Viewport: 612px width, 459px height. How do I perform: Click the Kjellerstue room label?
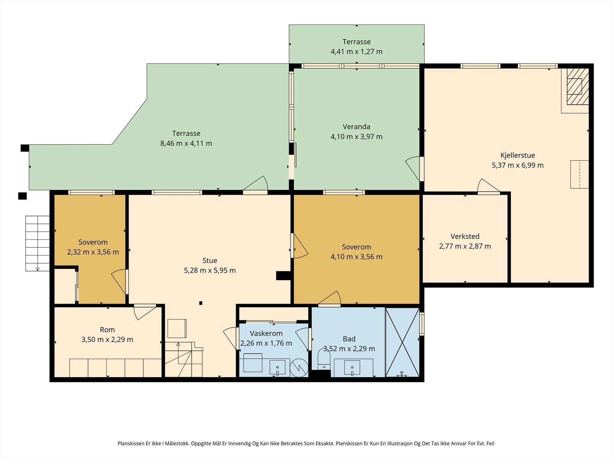coord(518,156)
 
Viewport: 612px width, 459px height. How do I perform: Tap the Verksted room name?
coord(465,236)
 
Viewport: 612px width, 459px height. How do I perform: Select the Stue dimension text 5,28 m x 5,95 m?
coord(210,270)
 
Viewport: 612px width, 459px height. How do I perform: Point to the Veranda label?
coord(356,127)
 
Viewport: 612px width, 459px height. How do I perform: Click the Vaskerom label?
coord(266,333)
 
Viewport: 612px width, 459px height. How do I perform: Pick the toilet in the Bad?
coord(324,359)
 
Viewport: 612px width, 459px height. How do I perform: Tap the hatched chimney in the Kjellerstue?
coord(578,86)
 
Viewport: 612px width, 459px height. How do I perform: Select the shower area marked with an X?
coord(402,342)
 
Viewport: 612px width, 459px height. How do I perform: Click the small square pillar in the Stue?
coord(200,303)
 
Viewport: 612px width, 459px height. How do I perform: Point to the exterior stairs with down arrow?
coord(37,243)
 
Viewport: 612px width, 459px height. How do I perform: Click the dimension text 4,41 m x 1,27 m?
coord(356,52)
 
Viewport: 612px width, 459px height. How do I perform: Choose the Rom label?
coord(107,330)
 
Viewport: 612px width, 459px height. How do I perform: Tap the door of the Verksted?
coord(488,186)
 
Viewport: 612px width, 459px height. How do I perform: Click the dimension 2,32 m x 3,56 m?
coord(93,252)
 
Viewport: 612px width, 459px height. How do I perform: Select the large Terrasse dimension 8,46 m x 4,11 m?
coord(186,143)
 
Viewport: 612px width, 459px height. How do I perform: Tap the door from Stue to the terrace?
coord(255,184)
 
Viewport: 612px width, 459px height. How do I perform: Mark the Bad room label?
coord(349,339)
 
